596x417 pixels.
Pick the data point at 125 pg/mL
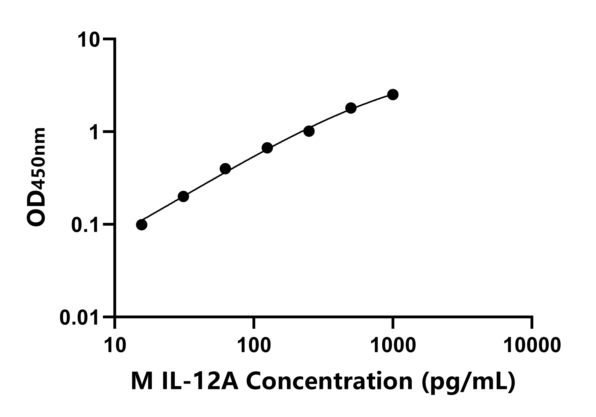267,148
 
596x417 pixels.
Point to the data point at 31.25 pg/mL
183,196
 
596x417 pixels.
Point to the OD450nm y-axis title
36,177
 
